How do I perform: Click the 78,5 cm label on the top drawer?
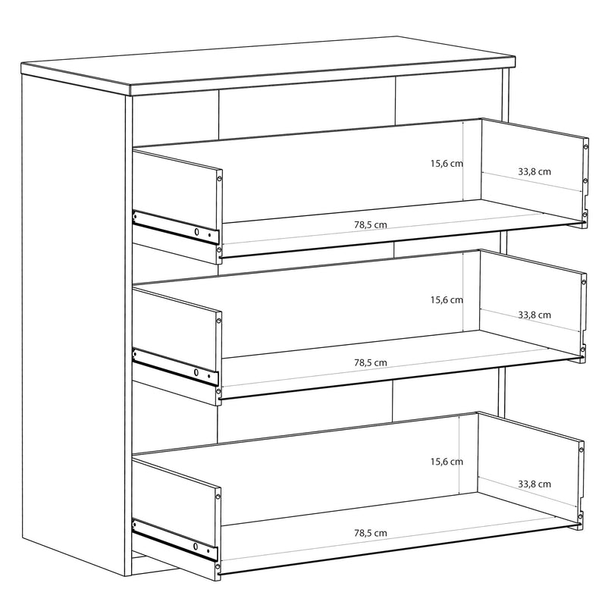pos(370,224)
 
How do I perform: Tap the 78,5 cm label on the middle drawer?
pos(370,362)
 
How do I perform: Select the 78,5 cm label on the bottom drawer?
pos(370,533)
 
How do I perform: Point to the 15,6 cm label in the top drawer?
pos(447,163)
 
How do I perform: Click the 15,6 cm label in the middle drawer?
pos(447,299)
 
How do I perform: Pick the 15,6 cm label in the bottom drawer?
pos(447,462)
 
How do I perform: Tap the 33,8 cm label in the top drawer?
pos(534,171)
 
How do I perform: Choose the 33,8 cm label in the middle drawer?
pos(534,315)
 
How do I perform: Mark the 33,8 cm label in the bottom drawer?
pos(534,484)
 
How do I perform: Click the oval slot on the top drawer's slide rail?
pos(196,232)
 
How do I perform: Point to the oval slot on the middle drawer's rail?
pos(196,373)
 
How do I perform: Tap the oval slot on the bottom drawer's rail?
pos(196,547)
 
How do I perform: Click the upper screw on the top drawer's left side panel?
pos(219,179)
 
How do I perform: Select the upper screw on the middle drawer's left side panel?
pos(218,321)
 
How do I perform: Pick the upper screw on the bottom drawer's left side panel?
pos(218,496)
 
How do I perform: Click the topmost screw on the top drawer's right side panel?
pos(585,146)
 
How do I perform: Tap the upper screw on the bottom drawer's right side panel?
pos(581,450)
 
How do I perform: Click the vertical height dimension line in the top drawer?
pos(464,161)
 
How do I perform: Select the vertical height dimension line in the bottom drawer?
pos(459,454)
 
